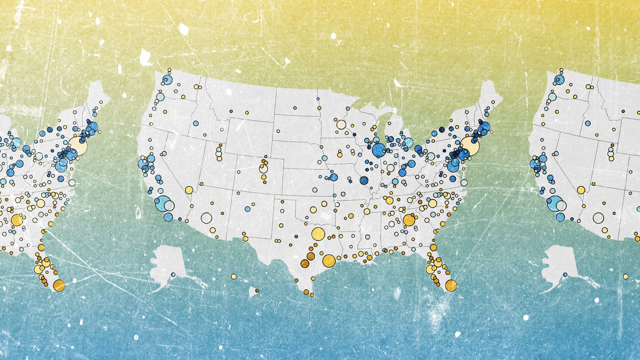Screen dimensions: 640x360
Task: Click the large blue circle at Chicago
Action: click(379, 150)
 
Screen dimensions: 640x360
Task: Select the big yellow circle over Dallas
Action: click(318, 234)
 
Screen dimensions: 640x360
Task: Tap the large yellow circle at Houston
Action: click(329, 261)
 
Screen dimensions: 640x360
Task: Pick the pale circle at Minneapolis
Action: click(341, 125)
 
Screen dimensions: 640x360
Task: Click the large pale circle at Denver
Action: click(264, 169)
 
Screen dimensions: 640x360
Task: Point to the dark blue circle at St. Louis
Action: click(364, 180)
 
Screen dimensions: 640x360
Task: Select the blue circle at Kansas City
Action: click(334, 177)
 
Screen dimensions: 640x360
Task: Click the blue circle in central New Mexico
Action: click(247, 209)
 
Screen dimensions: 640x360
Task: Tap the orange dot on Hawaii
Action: click(257, 291)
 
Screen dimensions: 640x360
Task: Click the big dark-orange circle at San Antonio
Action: click(305, 264)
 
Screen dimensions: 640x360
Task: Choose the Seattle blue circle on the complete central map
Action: click(167, 80)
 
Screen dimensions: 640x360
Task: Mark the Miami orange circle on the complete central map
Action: click(451, 286)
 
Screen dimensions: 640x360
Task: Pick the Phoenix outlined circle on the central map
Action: click(206, 218)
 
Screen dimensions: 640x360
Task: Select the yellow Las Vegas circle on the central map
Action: click(189, 190)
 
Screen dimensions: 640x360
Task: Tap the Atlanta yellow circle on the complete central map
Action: click(409, 220)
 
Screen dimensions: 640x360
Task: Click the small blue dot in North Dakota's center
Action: click(295, 108)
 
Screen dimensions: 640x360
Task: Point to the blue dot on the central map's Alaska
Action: click(173, 275)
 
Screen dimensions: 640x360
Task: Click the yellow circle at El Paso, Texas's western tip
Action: click(245, 239)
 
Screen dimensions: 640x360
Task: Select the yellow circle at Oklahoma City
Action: click(313, 210)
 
